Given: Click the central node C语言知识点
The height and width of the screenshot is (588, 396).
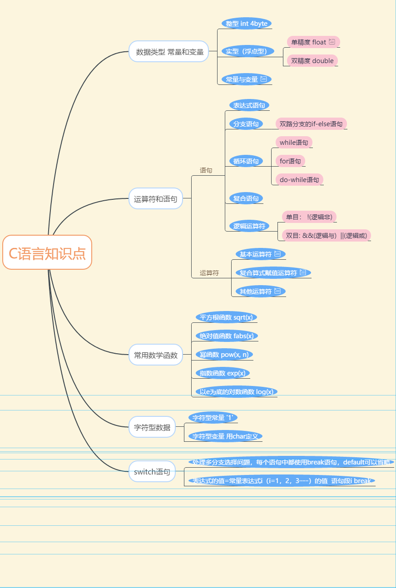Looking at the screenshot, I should pos(47,252).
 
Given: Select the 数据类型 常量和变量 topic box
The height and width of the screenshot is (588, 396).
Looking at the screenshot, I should pos(168,52).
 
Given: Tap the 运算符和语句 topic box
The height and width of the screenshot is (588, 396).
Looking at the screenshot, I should pos(156,198).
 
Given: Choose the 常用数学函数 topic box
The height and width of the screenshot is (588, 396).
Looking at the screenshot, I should pos(156,355).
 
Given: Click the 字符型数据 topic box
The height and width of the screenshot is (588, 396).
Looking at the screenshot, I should pos(152,427).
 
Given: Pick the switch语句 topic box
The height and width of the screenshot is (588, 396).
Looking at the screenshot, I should pos(152,472).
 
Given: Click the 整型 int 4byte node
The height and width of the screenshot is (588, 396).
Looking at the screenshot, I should pos(247,24).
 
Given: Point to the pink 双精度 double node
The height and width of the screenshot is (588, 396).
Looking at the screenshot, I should pos(312,61).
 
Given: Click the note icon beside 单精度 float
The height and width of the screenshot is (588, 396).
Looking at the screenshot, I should pos(332,42).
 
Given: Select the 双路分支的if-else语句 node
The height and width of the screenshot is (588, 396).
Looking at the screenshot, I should pos(311,124).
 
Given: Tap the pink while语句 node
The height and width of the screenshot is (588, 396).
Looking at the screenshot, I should pos(294,143).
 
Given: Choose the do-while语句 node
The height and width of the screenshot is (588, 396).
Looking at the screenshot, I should pos(299,179).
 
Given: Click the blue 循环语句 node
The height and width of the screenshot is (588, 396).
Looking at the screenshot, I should pos(246,161).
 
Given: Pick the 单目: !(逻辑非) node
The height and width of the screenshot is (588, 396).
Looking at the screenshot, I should pos(309,217).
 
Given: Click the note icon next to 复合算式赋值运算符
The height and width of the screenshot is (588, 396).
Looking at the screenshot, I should pos(303,272).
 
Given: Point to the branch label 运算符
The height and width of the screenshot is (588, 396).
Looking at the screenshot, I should pos(209,273).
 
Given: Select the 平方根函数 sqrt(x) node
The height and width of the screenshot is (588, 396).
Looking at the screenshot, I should pos(226,317).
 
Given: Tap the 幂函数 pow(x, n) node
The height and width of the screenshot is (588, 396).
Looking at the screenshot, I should pos(223,355).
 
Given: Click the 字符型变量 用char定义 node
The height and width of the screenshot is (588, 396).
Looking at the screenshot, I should pos(225,436).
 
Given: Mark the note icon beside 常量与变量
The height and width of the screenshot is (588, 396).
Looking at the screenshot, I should pos(264,79).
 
